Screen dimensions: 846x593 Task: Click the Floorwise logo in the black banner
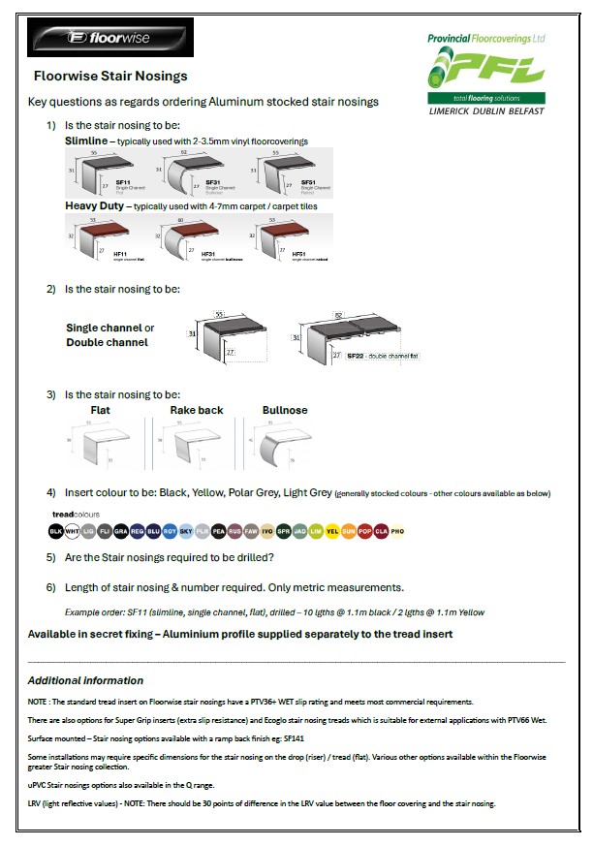pyautogui.click(x=110, y=39)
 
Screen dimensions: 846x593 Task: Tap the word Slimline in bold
pyautogui.click(x=85, y=141)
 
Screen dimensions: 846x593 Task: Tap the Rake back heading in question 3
pyautogui.click(x=197, y=410)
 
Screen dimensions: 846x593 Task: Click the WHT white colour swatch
pyautogui.click(x=72, y=531)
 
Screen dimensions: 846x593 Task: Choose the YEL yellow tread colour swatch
pyautogui.click(x=331, y=531)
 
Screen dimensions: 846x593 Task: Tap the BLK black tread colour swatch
pyautogui.click(x=55, y=531)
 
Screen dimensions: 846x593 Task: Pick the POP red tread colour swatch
pyautogui.click(x=364, y=531)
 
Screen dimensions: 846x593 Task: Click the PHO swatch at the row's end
pyautogui.click(x=396, y=531)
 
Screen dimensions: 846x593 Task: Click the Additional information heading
pyautogui.click(x=85, y=680)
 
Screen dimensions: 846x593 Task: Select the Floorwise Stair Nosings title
pyautogui.click(x=110, y=76)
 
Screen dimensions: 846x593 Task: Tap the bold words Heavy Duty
pyautogui.click(x=95, y=206)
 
